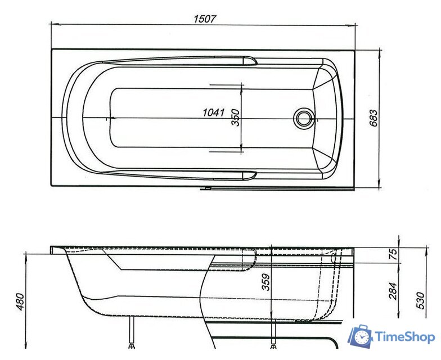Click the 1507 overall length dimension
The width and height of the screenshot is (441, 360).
(x=205, y=19)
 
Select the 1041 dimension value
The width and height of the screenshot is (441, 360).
(x=214, y=112)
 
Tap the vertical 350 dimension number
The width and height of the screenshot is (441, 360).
(x=236, y=117)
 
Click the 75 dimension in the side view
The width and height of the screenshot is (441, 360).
(x=393, y=254)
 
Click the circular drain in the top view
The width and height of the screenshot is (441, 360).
(x=304, y=118)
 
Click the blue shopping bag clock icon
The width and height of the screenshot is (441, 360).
(x=359, y=336)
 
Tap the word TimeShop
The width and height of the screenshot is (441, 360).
(x=404, y=337)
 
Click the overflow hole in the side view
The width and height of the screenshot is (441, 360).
(x=334, y=259)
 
